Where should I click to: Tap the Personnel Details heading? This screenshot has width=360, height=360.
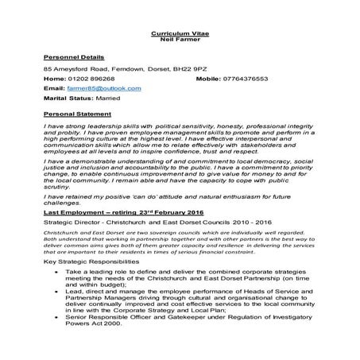click(x=72, y=59)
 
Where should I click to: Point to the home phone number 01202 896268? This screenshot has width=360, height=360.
click(x=91, y=79)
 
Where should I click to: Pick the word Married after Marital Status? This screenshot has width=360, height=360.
click(x=106, y=99)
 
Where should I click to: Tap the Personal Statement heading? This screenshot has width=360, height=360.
click(x=74, y=114)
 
